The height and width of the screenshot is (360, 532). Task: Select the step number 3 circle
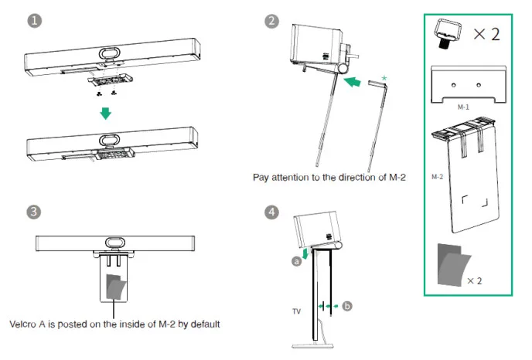coord(34,211)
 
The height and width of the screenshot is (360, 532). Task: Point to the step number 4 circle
coord(270,211)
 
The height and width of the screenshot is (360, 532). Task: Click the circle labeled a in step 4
coord(295,261)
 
